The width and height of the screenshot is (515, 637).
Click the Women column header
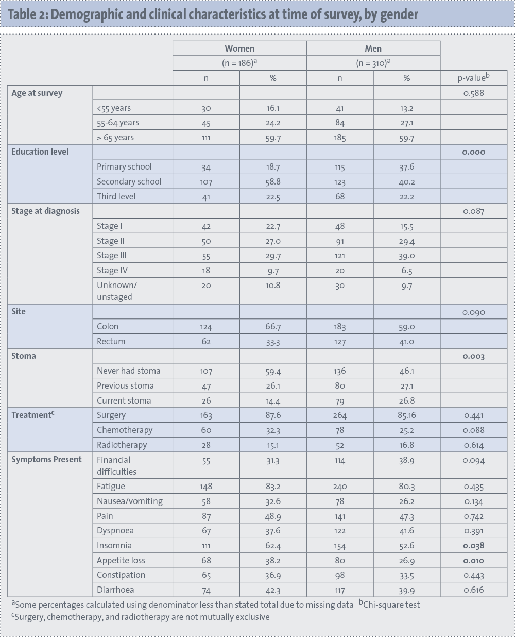pyautogui.click(x=239, y=48)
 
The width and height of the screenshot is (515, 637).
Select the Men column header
pyautogui.click(x=373, y=48)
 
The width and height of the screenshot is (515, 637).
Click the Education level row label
pyautogui.click(x=40, y=152)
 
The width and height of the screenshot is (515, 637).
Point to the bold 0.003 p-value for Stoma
pyautogui.click(x=473, y=356)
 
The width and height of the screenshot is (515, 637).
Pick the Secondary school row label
pyautogui.click(x=129, y=181)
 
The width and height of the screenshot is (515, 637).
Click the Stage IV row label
pyautogui.click(x=112, y=270)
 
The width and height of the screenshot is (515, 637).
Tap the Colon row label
pyautogui.click(x=108, y=326)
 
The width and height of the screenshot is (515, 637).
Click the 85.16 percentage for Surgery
pyautogui.click(x=406, y=415)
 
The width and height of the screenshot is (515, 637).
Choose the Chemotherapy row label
pyautogui.click(x=125, y=430)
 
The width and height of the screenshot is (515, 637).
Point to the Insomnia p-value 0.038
pyautogui.click(x=473, y=546)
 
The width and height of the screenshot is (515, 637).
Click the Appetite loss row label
pyautogui.click(x=121, y=560)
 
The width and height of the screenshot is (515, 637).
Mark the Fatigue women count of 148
pyautogui.click(x=206, y=487)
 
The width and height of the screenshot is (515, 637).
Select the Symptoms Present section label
pyautogui.click(x=46, y=459)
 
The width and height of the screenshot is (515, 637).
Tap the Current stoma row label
pyautogui.click(x=124, y=400)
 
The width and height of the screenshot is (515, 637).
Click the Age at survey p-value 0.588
pyautogui.click(x=473, y=93)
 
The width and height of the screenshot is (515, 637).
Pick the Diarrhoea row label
pyautogui.click(x=115, y=590)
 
